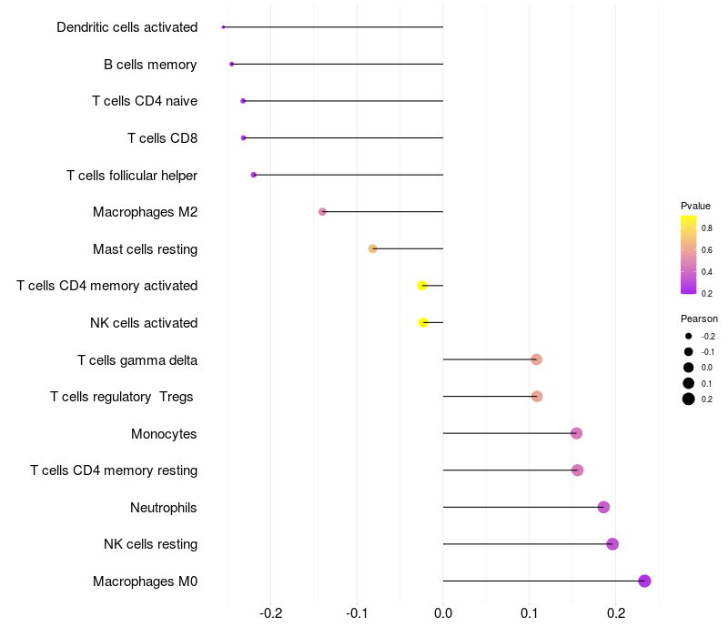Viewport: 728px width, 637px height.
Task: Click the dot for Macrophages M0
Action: click(644, 581)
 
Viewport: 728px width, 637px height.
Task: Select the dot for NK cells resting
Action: click(612, 544)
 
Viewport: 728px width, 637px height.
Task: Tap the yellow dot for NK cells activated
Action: click(423, 322)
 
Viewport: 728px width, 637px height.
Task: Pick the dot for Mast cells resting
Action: click(372, 248)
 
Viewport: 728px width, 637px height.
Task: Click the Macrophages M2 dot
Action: click(322, 212)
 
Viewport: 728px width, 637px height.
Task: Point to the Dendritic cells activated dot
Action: click(223, 27)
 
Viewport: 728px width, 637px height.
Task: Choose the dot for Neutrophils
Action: click(603, 507)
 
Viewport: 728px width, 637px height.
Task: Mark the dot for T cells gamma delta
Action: click(536, 359)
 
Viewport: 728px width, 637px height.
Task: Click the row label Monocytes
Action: click(164, 434)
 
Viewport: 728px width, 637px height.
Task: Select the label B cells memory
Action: click(150, 65)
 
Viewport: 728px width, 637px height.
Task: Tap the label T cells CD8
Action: click(162, 138)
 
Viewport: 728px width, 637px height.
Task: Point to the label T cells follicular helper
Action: click(132, 175)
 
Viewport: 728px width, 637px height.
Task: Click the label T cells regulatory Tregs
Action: click(122, 397)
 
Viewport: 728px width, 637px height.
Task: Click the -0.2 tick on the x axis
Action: click(271, 612)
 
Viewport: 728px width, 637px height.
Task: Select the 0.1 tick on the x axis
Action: click(530, 612)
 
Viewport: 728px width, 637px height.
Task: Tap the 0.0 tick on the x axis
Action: click(443, 612)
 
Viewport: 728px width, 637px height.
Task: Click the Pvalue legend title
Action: click(695, 206)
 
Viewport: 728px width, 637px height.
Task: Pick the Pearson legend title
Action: click(699, 318)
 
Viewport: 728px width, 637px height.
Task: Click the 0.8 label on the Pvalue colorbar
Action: click(706, 228)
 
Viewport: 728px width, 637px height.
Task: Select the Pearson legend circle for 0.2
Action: click(689, 399)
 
